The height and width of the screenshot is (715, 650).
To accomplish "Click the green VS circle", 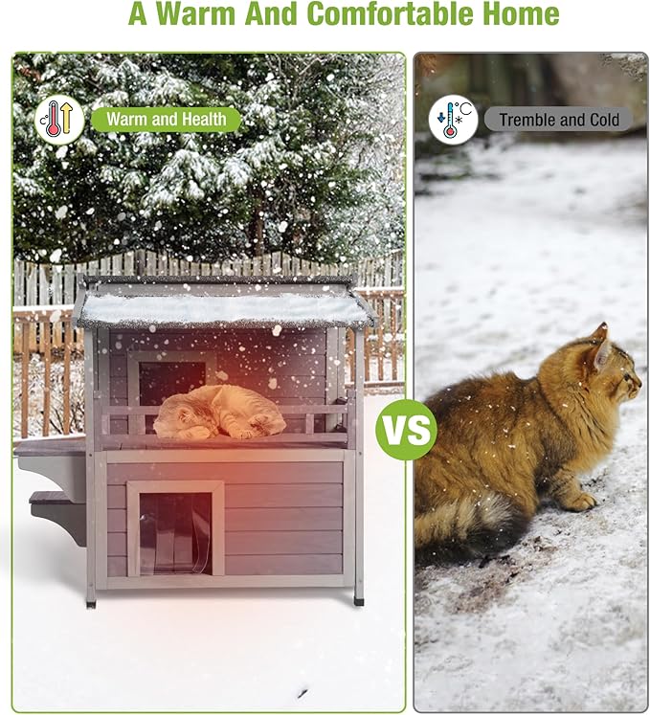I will click(x=406, y=431).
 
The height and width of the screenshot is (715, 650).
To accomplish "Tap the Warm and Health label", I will click(x=166, y=120).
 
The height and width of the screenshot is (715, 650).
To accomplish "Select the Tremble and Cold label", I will click(x=559, y=120).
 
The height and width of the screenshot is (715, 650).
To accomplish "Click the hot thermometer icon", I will click(x=59, y=120).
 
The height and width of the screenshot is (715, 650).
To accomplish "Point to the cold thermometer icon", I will click(x=453, y=120).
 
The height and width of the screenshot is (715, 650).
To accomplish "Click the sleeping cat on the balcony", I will click(x=219, y=412).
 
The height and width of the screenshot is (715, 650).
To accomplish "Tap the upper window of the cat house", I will click(x=172, y=376).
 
